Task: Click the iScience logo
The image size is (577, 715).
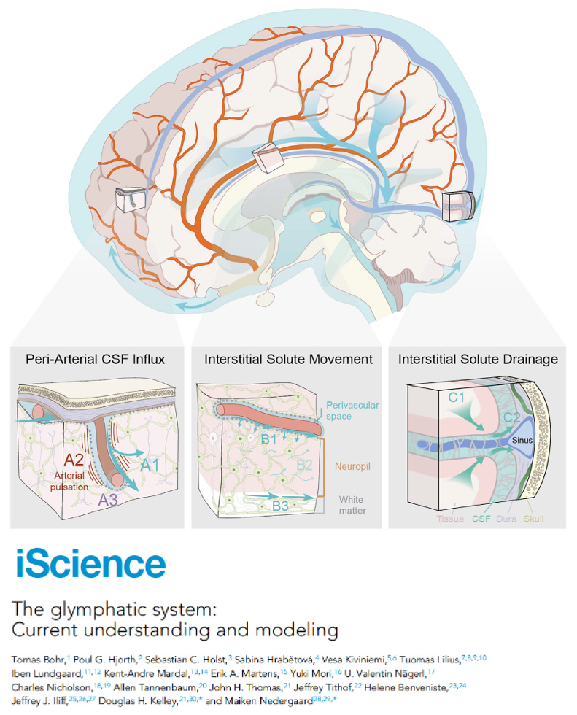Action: [90, 563]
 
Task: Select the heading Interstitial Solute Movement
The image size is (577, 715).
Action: [288, 360]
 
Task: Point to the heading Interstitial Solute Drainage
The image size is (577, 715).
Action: [478, 360]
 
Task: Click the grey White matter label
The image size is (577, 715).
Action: [352, 505]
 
